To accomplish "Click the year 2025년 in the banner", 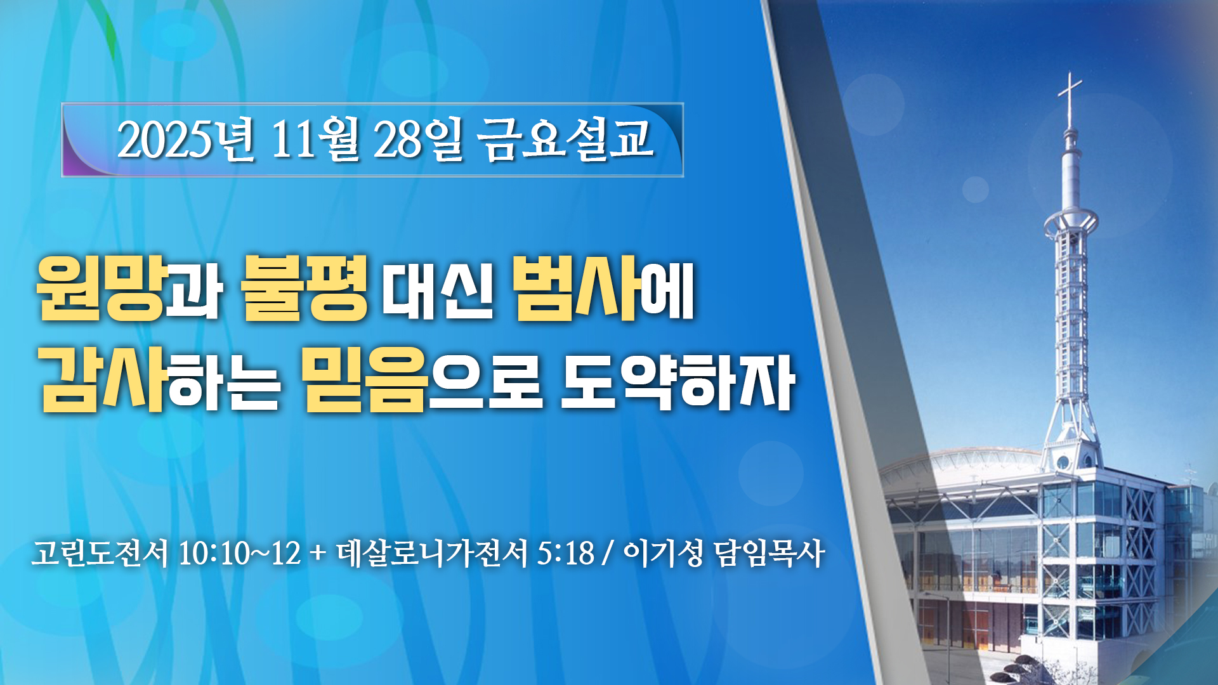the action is pyautogui.click(x=186, y=140).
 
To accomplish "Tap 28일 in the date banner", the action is pyautogui.click(x=419, y=140).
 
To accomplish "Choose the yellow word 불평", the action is pyautogui.click(x=304, y=288).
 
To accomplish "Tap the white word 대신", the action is pyautogui.click(x=438, y=290).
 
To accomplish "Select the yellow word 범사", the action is pyautogui.click(x=575, y=288).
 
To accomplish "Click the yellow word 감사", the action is pyautogui.click(x=103, y=379).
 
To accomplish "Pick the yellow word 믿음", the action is pyautogui.click(x=365, y=379).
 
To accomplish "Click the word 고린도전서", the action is pyautogui.click(x=100, y=553).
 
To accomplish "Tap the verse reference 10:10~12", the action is pyautogui.click(x=239, y=553).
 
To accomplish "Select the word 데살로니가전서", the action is pyautogui.click(x=431, y=553).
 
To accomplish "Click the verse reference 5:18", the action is pyautogui.click(x=565, y=553).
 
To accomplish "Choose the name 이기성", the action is pyautogui.click(x=663, y=553).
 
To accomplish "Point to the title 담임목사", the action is pyautogui.click(x=769, y=553).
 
